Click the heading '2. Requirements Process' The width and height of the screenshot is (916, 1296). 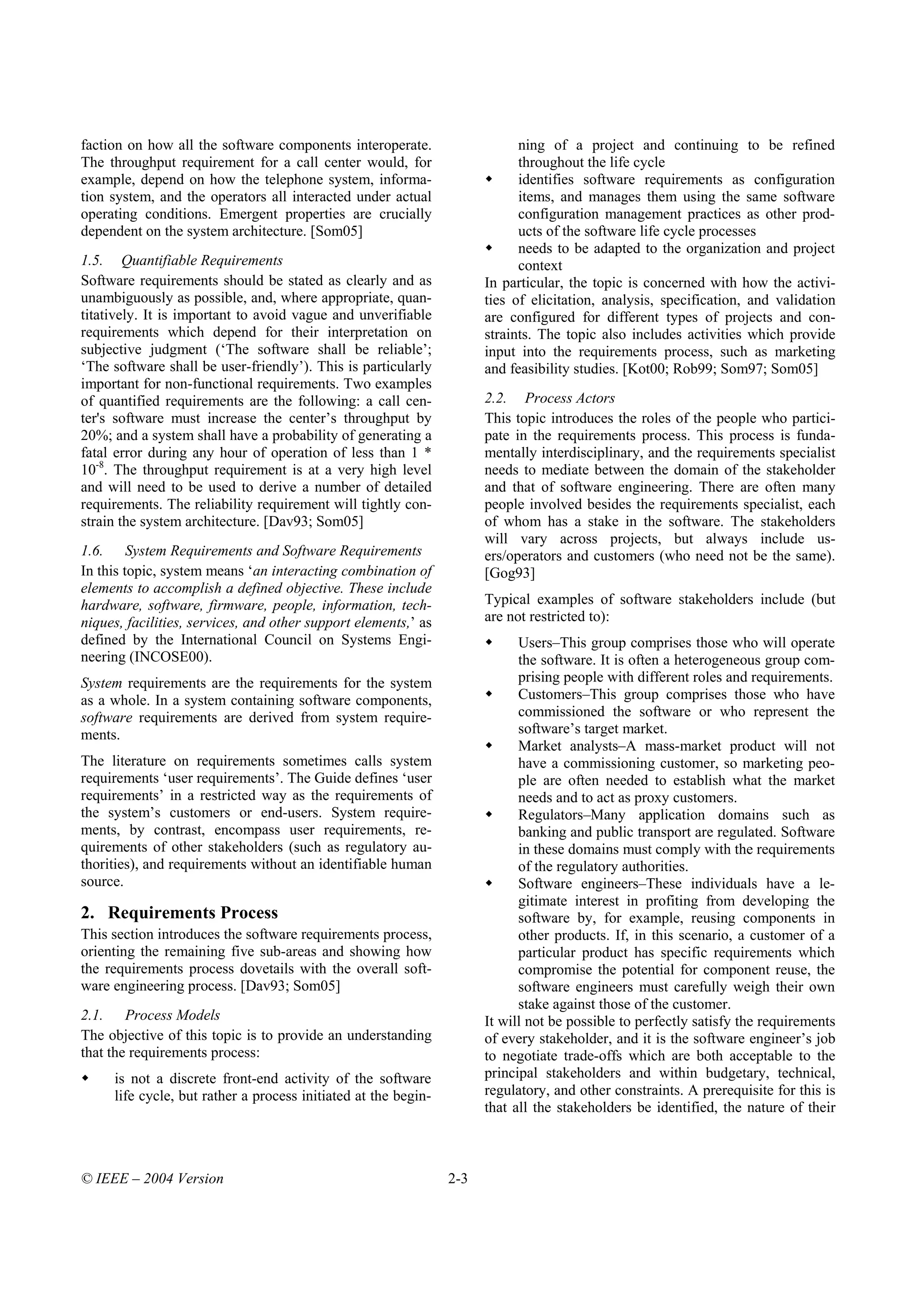point(179,913)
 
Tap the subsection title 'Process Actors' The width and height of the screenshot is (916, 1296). point(569,398)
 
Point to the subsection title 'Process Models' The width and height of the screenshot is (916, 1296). point(172,1015)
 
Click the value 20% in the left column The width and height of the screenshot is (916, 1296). point(96,436)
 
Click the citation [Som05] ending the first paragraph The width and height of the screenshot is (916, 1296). point(336,232)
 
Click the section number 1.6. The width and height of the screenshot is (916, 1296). point(91,551)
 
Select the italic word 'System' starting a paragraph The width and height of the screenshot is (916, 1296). point(101,683)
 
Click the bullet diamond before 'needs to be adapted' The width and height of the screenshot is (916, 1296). point(489,248)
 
